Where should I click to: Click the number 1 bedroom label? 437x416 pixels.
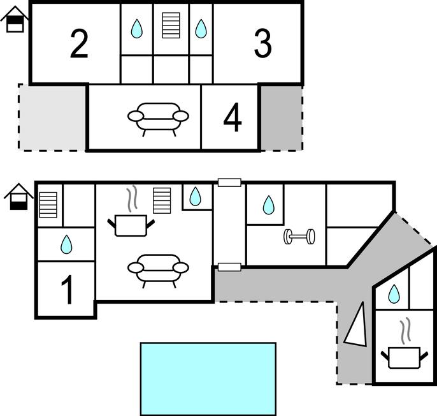tap(67, 290)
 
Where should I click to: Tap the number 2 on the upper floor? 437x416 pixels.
tap(79, 44)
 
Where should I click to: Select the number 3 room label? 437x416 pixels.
tap(262, 44)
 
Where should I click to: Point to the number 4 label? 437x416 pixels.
tap(233, 117)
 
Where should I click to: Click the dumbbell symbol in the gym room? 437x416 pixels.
tap(299, 237)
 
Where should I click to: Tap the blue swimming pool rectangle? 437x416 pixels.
tap(208, 379)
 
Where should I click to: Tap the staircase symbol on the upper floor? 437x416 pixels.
tap(171, 25)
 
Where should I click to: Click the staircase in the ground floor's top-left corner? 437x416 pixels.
tap(48, 205)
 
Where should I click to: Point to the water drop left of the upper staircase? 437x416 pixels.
tap(137, 29)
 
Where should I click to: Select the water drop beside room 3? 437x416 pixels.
tap(201, 29)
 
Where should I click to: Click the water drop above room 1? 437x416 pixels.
tap(66, 244)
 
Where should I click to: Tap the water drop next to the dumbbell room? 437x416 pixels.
tap(269, 205)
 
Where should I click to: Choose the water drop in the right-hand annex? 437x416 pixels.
tap(394, 293)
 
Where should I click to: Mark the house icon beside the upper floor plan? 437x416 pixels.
tap(15, 19)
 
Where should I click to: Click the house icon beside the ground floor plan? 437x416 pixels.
tap(18, 197)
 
